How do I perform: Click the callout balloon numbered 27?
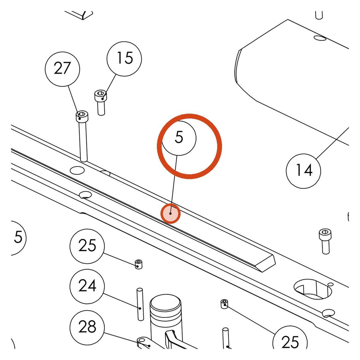click(x=62, y=69)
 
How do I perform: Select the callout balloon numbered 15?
click(x=124, y=59)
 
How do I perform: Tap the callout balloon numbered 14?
click(x=304, y=171)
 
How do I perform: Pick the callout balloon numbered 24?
click(x=87, y=287)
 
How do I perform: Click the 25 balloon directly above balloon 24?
click(x=87, y=246)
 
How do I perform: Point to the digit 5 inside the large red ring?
click(x=179, y=137)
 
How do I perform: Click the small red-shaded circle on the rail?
click(x=170, y=214)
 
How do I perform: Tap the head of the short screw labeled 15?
click(x=101, y=95)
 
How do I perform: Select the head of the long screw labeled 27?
click(x=82, y=116)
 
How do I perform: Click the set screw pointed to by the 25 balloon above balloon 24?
click(x=138, y=264)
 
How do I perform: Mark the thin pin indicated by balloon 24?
click(x=140, y=304)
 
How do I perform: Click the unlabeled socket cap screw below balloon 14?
click(x=325, y=241)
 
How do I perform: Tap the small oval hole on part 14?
click(x=320, y=38)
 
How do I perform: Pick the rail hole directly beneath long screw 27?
click(x=77, y=170)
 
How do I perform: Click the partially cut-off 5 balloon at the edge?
click(x=18, y=238)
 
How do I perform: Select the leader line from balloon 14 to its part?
click(x=332, y=143)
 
